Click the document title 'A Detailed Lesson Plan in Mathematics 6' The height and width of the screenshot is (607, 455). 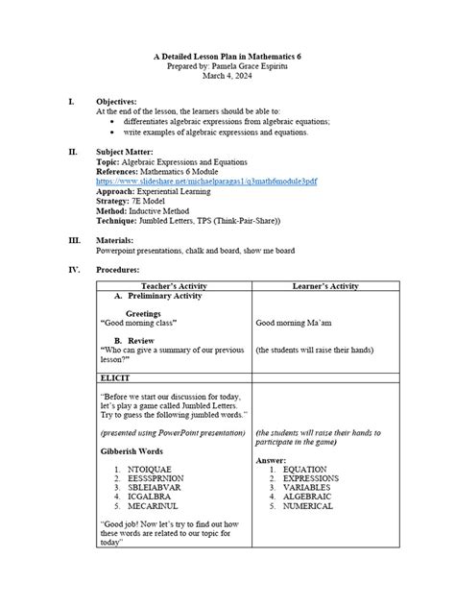(227, 60)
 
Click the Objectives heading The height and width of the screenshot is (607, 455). (116, 101)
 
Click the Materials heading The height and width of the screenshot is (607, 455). (114, 240)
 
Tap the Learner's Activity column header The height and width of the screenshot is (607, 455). (324, 286)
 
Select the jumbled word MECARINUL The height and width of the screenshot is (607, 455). (157, 505)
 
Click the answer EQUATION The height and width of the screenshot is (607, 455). (304, 469)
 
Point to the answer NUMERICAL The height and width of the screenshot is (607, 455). (308, 505)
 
